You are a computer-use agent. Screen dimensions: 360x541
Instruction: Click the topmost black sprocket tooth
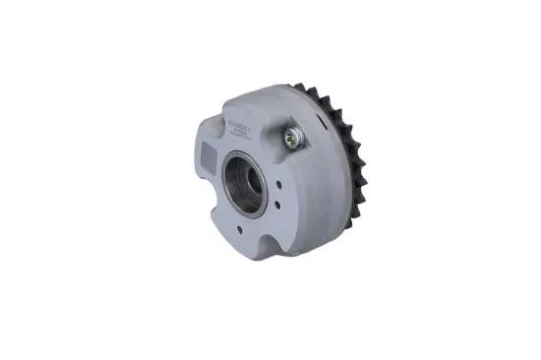(x=314, y=90)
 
